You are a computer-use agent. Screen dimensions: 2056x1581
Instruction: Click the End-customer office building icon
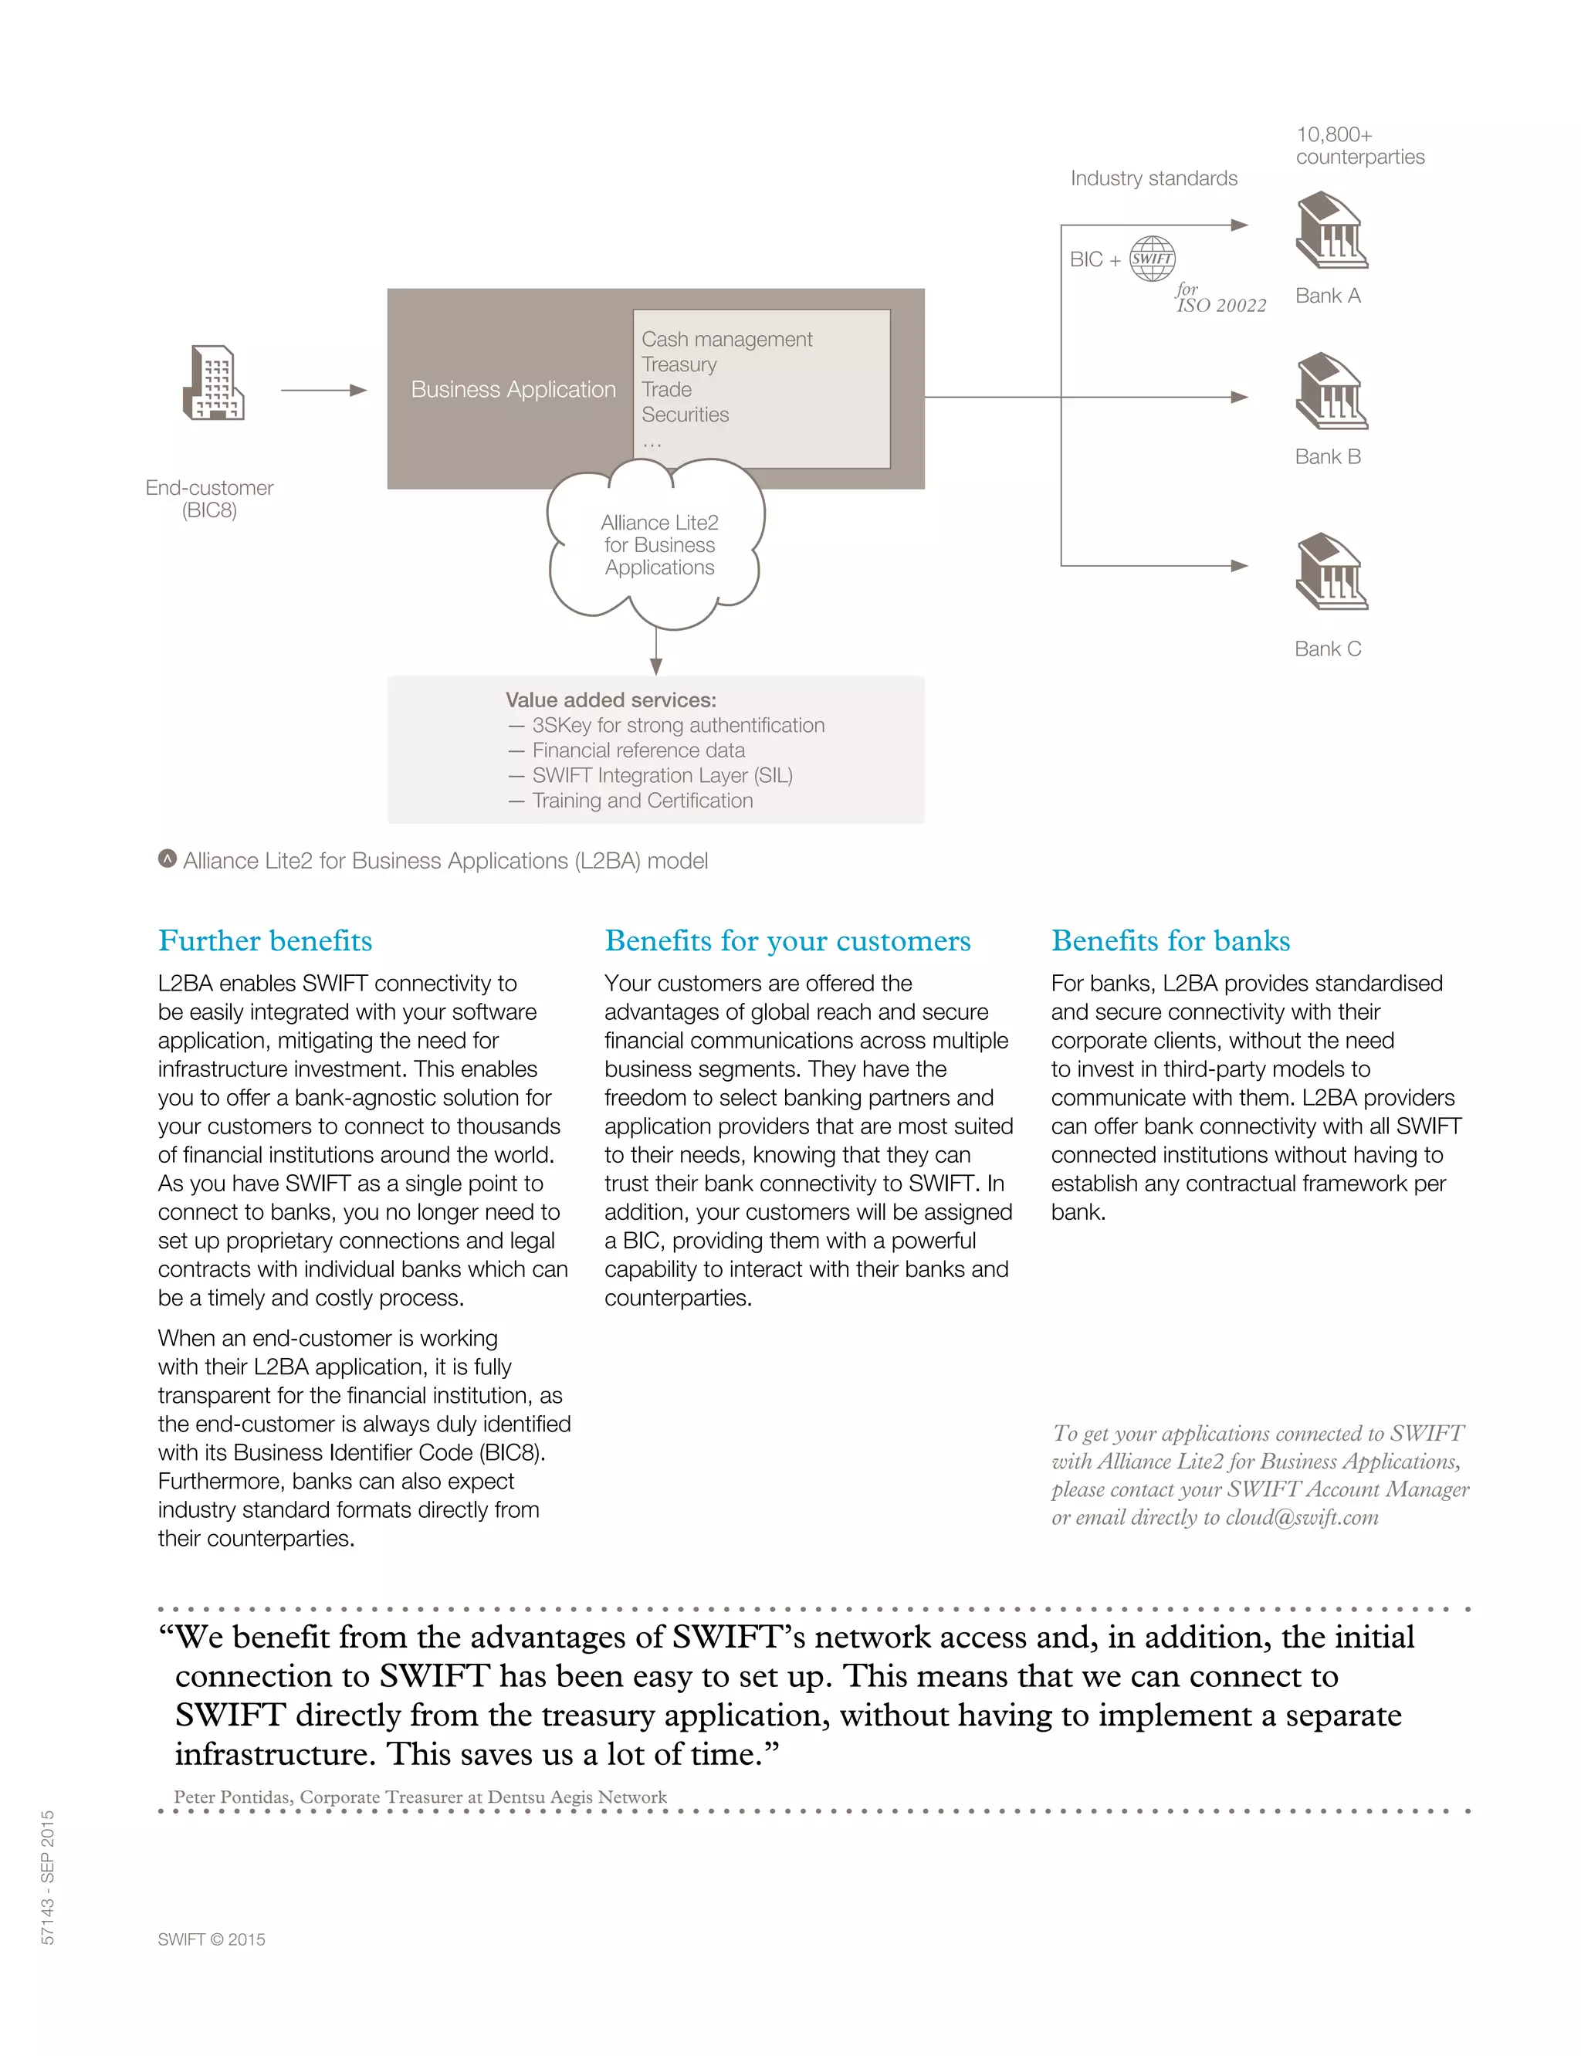(x=214, y=383)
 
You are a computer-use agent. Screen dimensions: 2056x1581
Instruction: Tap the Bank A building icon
(x=1331, y=231)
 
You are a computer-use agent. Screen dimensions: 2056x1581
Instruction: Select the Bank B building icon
(x=1331, y=391)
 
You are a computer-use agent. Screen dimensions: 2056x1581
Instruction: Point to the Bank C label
(x=1327, y=649)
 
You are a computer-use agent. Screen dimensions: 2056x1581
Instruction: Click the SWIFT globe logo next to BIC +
(x=1152, y=259)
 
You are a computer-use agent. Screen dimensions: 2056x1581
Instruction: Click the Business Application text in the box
(x=513, y=390)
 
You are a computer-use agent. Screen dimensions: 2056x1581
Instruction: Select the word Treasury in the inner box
(x=679, y=364)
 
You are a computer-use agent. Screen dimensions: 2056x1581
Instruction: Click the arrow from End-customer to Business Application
(x=323, y=390)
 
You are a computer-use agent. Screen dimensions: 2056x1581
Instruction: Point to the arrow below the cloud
(x=656, y=653)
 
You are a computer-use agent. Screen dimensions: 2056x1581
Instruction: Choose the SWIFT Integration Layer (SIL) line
(x=662, y=775)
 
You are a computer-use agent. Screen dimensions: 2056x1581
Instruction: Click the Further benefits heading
(x=266, y=940)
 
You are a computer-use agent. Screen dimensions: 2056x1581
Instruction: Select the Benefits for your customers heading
(x=787, y=940)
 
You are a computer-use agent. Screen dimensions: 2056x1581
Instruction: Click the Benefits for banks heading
(x=1170, y=940)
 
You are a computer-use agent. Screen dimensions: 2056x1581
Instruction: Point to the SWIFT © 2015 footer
(x=212, y=1939)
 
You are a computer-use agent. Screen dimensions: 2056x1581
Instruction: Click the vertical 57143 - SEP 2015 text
(x=48, y=1876)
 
